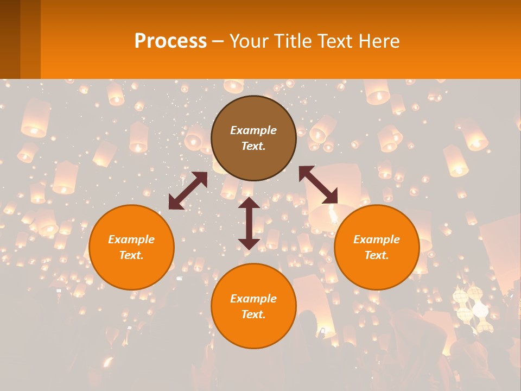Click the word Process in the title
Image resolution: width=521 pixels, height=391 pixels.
[170, 41]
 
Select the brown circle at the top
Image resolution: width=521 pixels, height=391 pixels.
[253, 138]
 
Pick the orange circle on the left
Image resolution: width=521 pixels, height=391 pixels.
[131, 247]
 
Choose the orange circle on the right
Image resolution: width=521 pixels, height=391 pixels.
[377, 247]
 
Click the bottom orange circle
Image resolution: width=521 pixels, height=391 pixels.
[253, 306]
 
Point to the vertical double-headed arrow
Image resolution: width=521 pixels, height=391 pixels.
[249, 223]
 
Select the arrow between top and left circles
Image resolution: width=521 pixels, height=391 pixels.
[188, 191]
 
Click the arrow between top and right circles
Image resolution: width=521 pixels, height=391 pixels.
[318, 185]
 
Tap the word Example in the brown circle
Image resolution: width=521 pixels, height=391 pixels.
[253, 130]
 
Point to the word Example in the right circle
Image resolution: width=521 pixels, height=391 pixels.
[377, 239]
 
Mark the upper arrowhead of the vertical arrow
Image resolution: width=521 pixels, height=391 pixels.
[249, 203]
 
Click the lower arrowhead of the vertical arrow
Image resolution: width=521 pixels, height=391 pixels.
[249, 243]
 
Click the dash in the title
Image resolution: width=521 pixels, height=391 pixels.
[218, 41]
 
